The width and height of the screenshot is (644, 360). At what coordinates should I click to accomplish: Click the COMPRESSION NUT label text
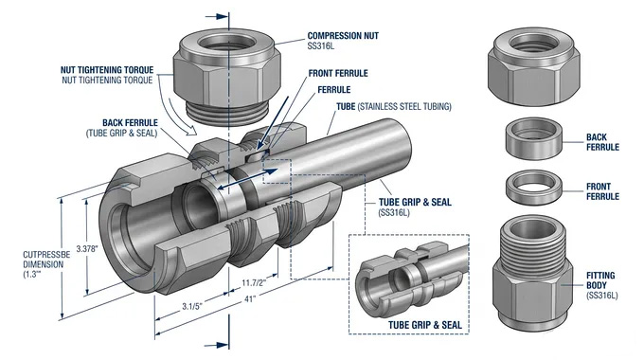pyautogui.click(x=343, y=36)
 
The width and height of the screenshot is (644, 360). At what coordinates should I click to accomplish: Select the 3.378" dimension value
pyautogui.click(x=87, y=248)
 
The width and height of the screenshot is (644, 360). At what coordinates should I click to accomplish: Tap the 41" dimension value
pyautogui.click(x=250, y=299)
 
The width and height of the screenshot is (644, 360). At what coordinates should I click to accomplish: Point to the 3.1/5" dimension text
pyautogui.click(x=192, y=307)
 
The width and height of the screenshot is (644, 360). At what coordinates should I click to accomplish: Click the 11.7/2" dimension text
pyautogui.click(x=254, y=282)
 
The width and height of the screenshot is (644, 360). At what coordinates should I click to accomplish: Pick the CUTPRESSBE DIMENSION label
pyautogui.click(x=46, y=264)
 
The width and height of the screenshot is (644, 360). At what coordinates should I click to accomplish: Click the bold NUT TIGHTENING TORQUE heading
pyautogui.click(x=107, y=70)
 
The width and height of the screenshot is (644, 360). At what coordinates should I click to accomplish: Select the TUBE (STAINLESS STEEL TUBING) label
pyautogui.click(x=394, y=106)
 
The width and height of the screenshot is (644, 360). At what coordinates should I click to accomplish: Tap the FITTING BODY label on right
pyautogui.click(x=600, y=280)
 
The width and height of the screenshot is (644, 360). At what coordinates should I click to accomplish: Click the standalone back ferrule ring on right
pyautogui.click(x=532, y=138)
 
